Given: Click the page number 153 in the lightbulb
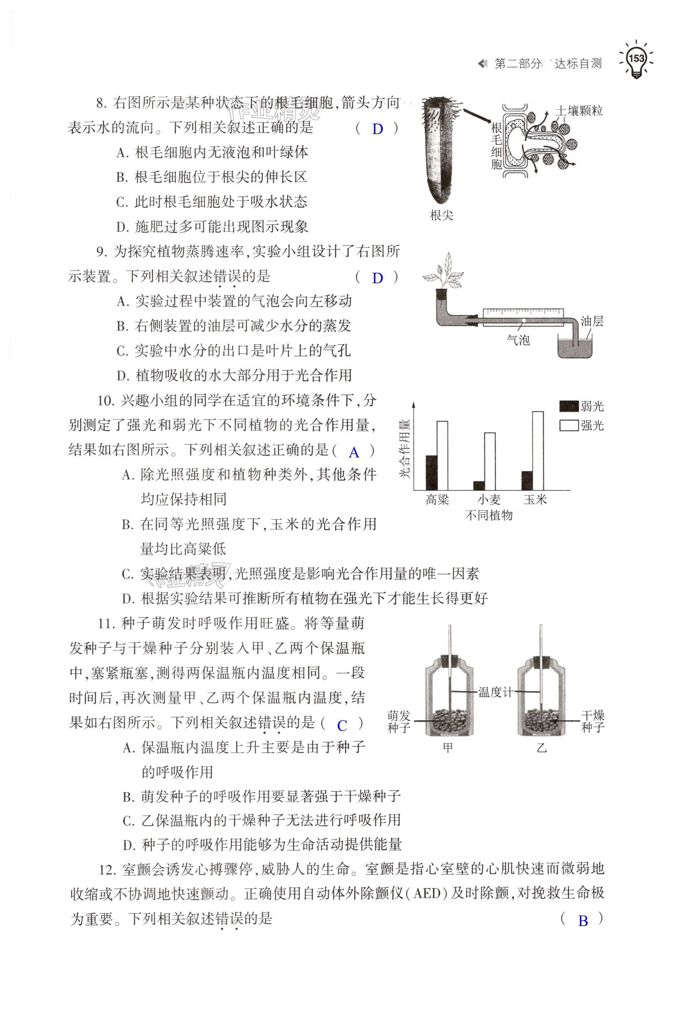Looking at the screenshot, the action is [x=636, y=59].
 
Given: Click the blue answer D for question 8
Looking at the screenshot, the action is [x=377, y=129].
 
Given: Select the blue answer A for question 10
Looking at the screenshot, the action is [x=354, y=453].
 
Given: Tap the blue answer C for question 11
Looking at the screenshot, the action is [x=342, y=726].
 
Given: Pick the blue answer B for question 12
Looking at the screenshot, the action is [x=583, y=922].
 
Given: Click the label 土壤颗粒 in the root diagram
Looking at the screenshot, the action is [x=579, y=111].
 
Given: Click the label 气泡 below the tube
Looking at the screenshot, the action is [x=518, y=340].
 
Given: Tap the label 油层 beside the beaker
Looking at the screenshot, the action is [x=591, y=322].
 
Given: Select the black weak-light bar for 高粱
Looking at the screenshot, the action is [x=432, y=472].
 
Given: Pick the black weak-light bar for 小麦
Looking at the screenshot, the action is [x=479, y=486].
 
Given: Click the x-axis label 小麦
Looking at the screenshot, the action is [x=489, y=500].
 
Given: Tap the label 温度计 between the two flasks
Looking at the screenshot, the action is [x=495, y=693].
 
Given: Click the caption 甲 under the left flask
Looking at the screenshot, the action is [x=448, y=748].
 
